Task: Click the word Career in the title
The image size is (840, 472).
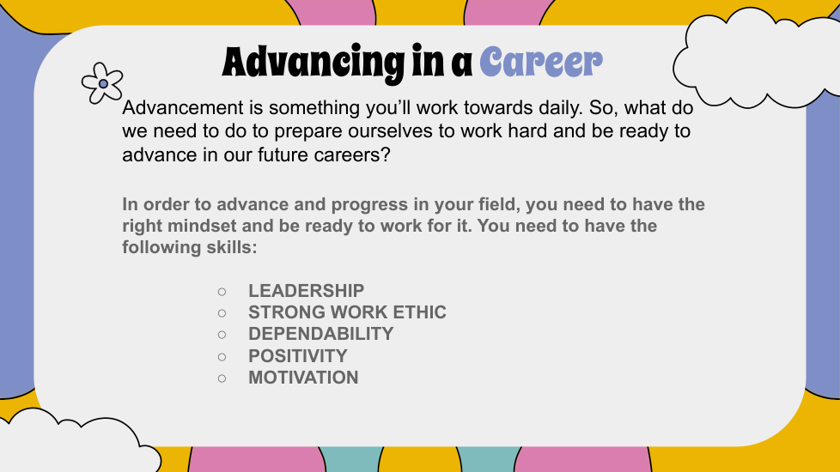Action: [x=541, y=62]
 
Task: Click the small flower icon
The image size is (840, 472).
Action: [x=102, y=83]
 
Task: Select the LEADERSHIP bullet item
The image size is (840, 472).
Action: [x=306, y=291]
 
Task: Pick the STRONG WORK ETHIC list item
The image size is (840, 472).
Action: [x=347, y=312]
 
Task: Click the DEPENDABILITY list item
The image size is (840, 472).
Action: [x=320, y=334]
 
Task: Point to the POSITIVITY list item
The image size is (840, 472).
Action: [x=297, y=356]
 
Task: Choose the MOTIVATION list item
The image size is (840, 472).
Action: [x=303, y=378]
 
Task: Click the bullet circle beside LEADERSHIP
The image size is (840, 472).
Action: [x=222, y=292]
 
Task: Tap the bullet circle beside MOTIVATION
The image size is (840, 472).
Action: [x=222, y=378]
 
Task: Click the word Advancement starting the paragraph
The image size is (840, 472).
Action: [x=183, y=107]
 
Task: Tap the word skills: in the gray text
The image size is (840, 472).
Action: [x=232, y=247]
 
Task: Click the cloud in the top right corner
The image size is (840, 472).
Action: [x=755, y=59]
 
